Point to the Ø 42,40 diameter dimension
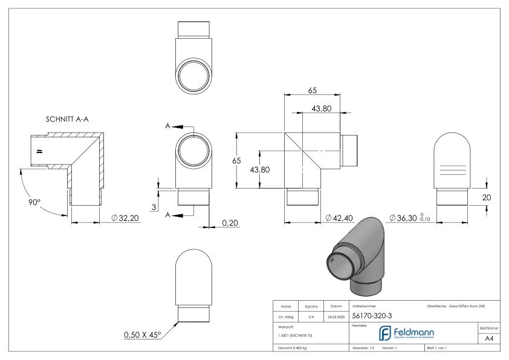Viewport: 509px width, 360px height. pyautogui.click(x=340, y=217)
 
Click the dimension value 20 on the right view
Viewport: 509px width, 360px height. pyautogui.click(x=494, y=197)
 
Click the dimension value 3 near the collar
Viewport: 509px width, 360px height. pyautogui.click(x=153, y=208)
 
